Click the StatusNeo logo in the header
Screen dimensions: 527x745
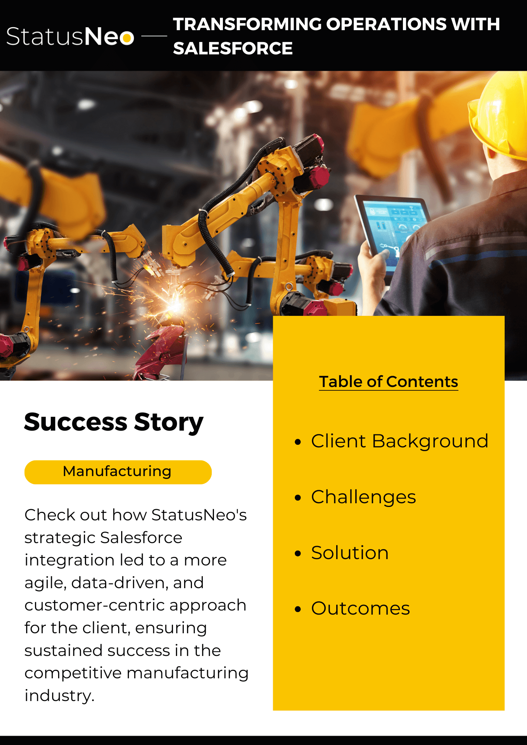point(70,37)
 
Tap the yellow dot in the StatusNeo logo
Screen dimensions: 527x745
point(127,38)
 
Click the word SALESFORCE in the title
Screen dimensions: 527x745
point(233,48)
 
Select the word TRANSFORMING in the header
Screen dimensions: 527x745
point(247,24)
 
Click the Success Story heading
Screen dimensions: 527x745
point(114,422)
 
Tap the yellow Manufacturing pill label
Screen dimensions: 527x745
point(118,472)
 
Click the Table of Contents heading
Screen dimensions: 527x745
point(388,382)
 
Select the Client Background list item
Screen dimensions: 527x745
point(400,441)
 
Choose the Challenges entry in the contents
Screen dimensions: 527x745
point(363,497)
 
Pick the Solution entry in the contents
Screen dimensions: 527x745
point(350,553)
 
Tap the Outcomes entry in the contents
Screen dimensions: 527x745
point(360,609)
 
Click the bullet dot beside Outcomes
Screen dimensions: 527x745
point(297,609)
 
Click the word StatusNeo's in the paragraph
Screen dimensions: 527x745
point(199,515)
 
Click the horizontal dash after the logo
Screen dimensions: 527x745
point(154,37)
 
